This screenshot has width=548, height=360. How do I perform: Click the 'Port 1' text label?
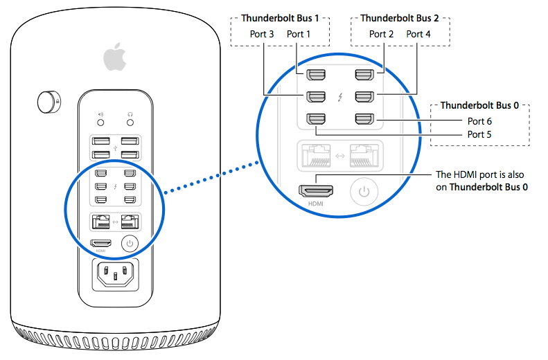click(x=299, y=34)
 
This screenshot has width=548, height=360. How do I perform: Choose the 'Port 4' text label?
click(x=418, y=34)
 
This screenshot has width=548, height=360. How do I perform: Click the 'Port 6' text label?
click(x=479, y=121)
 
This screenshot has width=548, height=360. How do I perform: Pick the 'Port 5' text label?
click(x=479, y=134)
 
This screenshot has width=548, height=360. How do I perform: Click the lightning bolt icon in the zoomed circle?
click(x=339, y=96)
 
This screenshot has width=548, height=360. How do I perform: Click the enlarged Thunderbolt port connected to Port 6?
click(x=364, y=118)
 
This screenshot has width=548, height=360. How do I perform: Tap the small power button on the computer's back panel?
click(x=130, y=243)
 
